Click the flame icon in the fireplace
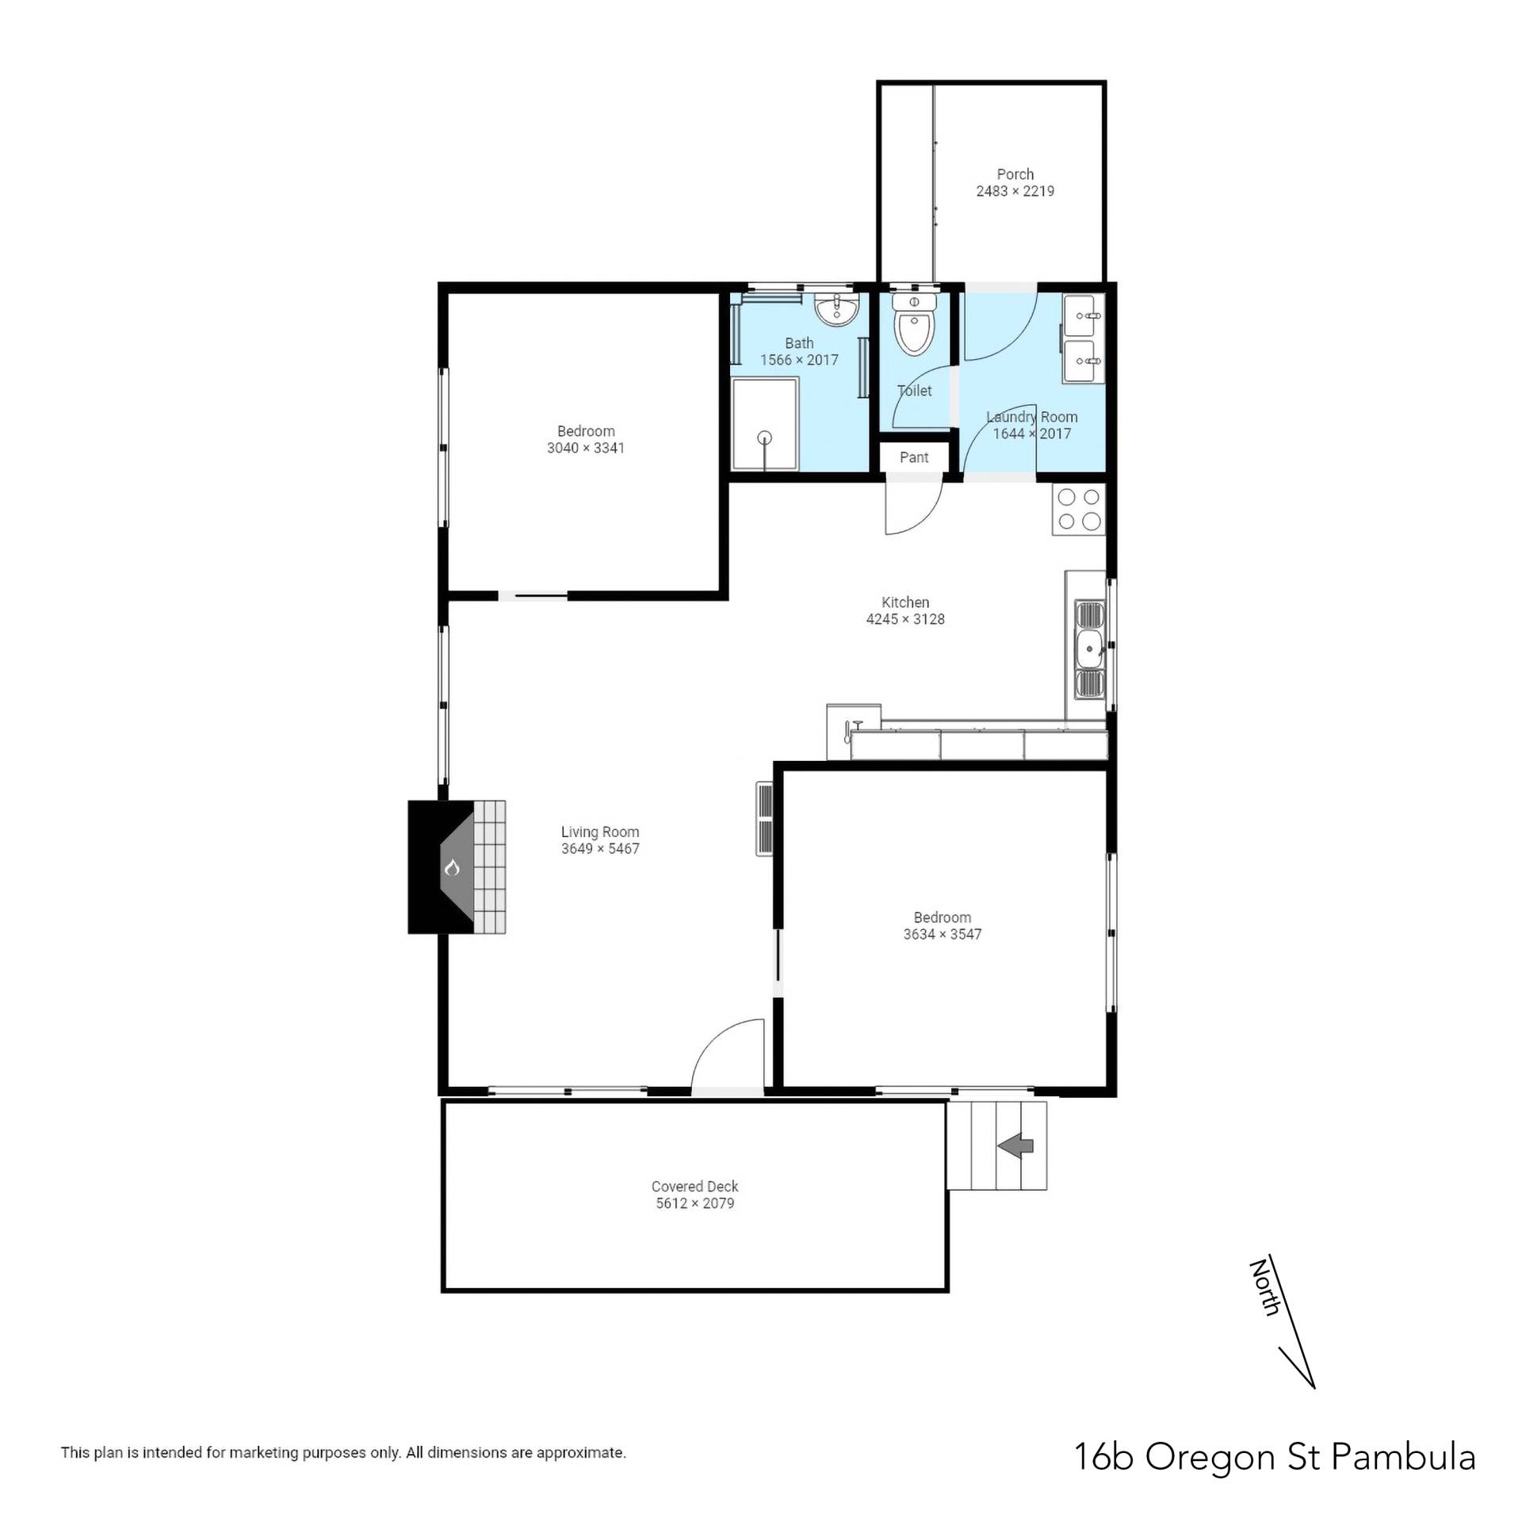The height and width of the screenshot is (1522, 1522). coord(452,867)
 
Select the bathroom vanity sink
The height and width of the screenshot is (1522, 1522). coord(836,310)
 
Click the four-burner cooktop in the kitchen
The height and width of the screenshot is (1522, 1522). coord(1079,509)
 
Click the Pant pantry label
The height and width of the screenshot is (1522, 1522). coord(914,457)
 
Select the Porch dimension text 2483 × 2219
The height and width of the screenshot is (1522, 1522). coord(1015,191)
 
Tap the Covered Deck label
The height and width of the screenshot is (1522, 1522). coord(694,1187)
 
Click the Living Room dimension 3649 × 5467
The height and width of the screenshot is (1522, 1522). coord(600,849)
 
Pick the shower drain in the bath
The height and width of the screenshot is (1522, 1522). coord(764,437)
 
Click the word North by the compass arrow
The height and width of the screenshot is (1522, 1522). coord(1264,1287)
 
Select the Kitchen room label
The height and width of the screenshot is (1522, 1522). coord(905,602)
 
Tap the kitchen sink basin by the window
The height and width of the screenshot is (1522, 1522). coord(1091,650)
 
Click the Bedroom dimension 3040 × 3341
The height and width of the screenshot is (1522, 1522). coord(586,448)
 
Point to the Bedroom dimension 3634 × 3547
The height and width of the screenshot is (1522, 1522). coord(943,935)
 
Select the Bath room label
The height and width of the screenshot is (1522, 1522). coord(799,343)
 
